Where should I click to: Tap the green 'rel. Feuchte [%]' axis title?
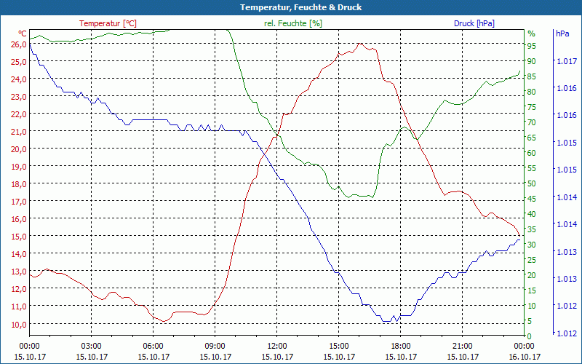point(293,23)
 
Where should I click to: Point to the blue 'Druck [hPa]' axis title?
point(474,23)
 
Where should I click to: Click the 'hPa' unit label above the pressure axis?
point(562,33)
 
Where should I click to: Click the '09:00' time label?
point(215,346)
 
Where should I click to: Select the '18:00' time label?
point(401,346)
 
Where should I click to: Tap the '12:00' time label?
point(277,346)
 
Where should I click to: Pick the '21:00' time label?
point(463,346)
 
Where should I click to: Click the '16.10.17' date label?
point(525,357)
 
